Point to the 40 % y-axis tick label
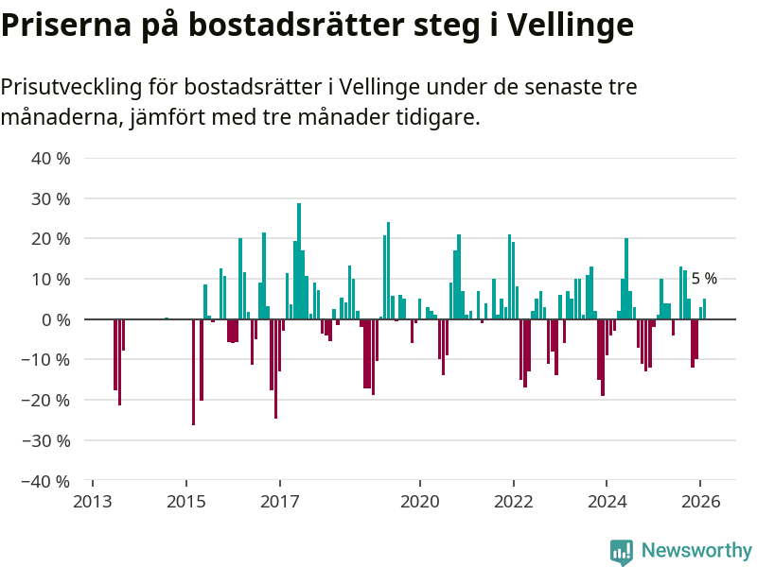coord(51,159)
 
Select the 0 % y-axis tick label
coord(55,319)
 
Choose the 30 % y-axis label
coord(51,199)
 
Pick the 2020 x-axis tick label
coord(420,502)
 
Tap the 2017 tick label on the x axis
coord(280,502)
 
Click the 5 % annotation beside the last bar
coord(704,279)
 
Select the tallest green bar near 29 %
coord(299,261)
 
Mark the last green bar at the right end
coord(704,309)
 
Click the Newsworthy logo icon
coord(622,551)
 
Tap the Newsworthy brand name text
coord(696,551)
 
